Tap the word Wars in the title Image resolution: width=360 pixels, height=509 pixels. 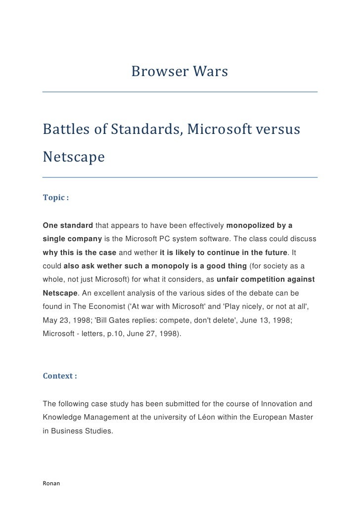(211, 72)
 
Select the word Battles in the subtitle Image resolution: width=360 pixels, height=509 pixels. (65, 130)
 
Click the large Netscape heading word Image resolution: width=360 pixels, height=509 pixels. (74, 157)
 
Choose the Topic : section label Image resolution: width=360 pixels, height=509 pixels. (55, 198)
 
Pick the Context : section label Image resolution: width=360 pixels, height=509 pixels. (60, 376)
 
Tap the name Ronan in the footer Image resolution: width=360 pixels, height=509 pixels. (51, 483)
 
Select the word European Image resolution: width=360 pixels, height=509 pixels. (256, 417)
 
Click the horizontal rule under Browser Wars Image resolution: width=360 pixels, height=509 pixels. (180, 91)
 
